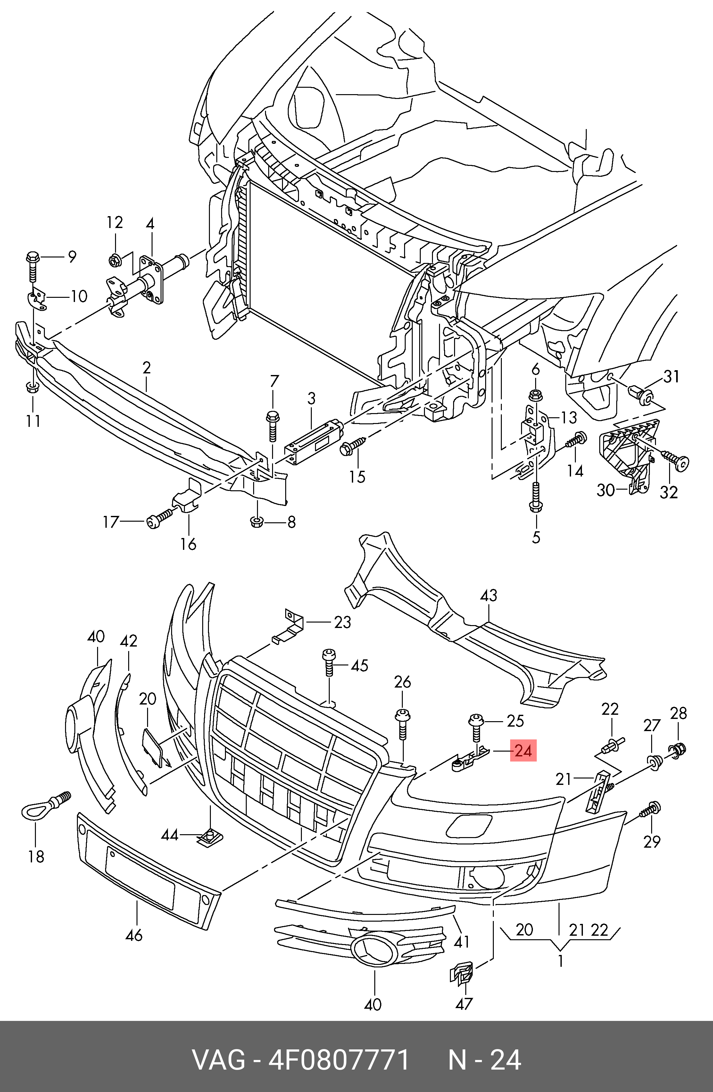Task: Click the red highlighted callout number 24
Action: [x=523, y=751]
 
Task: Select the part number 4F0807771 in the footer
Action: [x=338, y=1059]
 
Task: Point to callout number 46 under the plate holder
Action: [x=134, y=935]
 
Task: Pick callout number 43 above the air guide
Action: [x=488, y=596]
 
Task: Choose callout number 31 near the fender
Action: [x=671, y=377]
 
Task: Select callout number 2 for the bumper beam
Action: [x=146, y=368]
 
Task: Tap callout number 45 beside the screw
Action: [x=360, y=665]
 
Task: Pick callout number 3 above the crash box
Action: [x=311, y=398]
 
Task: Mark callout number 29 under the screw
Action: [x=651, y=842]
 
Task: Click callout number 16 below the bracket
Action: [x=188, y=544]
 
